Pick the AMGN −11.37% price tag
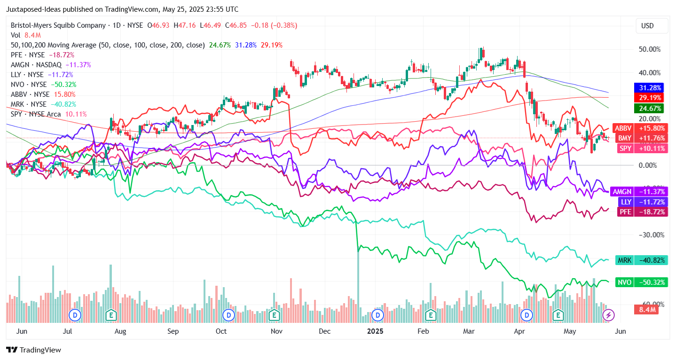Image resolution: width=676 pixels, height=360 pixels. (x=639, y=191)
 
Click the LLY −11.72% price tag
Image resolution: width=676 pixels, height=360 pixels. (x=639, y=202)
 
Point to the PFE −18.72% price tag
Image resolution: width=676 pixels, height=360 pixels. (x=639, y=212)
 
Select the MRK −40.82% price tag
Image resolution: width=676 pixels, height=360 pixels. (x=639, y=260)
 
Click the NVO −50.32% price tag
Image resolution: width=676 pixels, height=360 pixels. (x=639, y=282)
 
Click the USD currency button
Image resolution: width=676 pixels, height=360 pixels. (x=647, y=26)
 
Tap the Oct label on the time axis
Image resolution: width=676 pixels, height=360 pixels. (x=221, y=331)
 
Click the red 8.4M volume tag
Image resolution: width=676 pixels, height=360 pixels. (x=646, y=310)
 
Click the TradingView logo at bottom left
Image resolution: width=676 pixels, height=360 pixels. (x=33, y=350)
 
